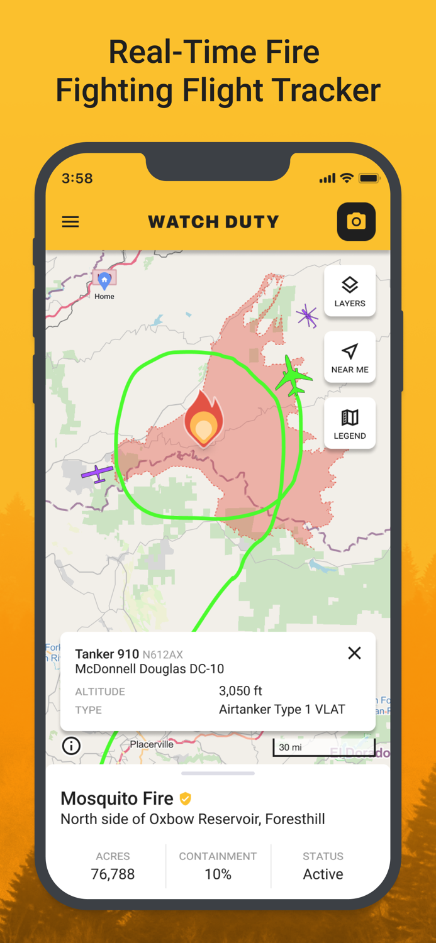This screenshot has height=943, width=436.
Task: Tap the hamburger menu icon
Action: [70, 222]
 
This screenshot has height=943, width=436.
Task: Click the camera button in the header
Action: [356, 221]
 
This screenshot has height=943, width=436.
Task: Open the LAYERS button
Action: [350, 291]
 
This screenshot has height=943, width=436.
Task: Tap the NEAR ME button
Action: [350, 357]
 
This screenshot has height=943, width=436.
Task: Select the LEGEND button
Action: [350, 423]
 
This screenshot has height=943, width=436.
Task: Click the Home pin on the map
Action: [104, 280]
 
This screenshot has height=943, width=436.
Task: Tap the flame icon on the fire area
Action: [203, 417]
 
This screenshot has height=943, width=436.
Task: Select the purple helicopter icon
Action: [308, 316]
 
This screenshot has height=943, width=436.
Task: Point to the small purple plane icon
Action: [98, 473]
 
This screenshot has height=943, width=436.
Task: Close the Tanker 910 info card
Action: [355, 653]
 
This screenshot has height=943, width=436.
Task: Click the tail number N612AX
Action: [163, 654]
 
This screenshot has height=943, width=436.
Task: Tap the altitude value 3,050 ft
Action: [240, 691]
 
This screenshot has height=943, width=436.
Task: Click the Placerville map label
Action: [152, 744]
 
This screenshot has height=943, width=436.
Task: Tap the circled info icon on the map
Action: [71, 746]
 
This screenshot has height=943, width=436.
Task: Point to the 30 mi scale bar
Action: [323, 747]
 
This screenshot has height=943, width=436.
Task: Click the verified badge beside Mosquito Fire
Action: [185, 798]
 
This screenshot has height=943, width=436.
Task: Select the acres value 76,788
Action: [113, 874]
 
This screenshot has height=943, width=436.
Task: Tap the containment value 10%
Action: [218, 874]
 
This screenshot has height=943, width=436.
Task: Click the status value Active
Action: [323, 874]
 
